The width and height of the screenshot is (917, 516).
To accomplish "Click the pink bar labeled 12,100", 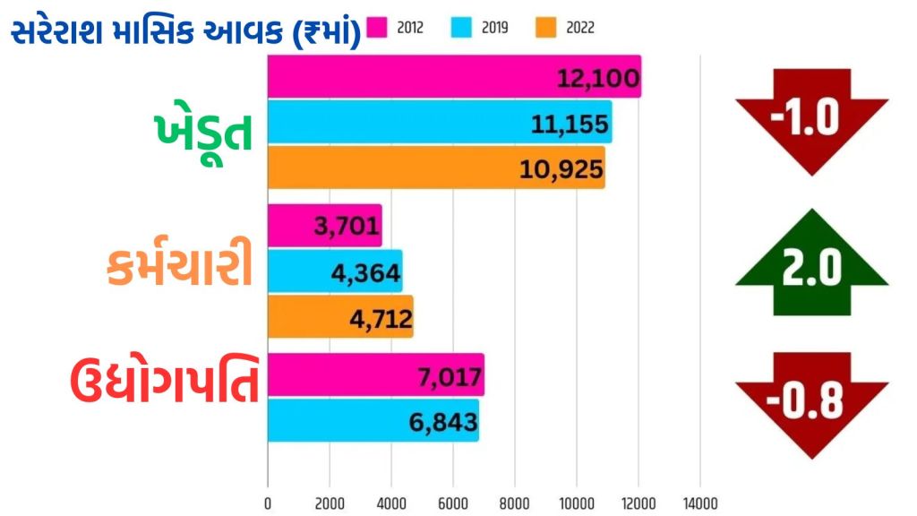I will coord(453,77).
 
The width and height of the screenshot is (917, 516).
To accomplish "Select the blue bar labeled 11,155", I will coord(439,122).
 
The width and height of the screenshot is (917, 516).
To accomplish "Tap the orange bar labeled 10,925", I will coord(435,168).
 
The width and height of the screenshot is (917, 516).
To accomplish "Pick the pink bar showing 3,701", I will coord(324,226).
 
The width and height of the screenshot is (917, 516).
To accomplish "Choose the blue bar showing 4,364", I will coord(334,271).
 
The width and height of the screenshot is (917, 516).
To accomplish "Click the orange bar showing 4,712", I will coord(339,316).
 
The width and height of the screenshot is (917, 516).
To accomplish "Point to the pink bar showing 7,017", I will coord(375,374).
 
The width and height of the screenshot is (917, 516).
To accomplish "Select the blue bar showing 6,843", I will coord(373,420).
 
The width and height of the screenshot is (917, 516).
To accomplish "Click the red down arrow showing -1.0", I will coord(812,119).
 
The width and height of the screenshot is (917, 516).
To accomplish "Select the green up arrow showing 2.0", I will coord(812,263).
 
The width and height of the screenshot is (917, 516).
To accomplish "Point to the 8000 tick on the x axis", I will coord(515,503).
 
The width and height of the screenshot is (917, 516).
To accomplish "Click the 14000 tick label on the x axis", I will coord(699,503).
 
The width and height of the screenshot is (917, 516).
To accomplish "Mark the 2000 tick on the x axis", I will coord(330,503).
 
